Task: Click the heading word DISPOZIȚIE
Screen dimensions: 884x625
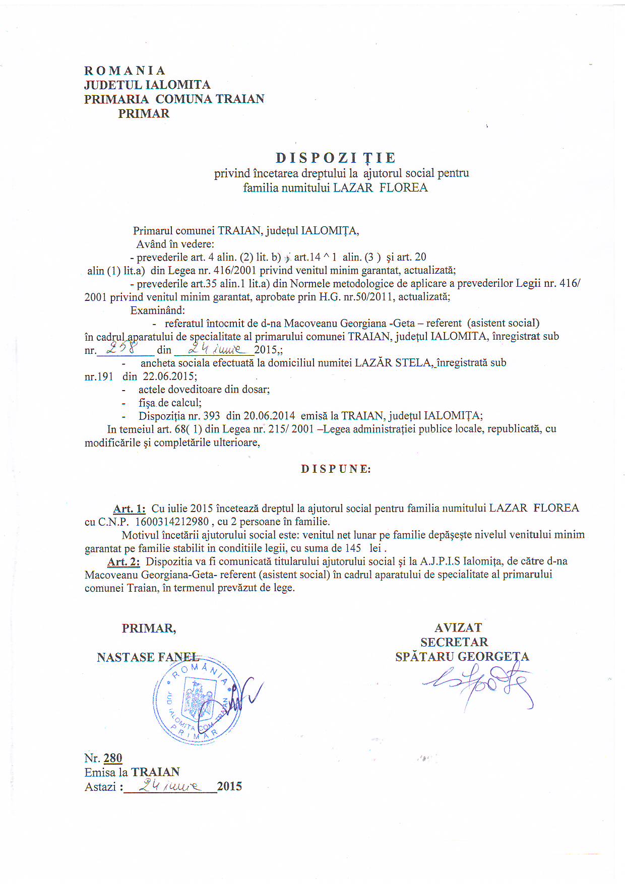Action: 336,158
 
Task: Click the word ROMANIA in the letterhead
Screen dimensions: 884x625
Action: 125,71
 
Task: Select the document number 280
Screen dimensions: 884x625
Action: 113,758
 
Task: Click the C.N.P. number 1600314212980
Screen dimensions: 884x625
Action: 172,522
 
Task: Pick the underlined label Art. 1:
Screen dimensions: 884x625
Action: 129,509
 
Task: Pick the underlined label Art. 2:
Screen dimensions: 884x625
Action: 123,562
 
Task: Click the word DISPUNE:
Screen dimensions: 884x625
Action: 336,469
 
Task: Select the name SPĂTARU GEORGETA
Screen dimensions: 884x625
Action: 462,657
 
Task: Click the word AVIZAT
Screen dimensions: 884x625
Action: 458,628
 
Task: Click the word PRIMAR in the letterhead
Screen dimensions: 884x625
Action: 144,114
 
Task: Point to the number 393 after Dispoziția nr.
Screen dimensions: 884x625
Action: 211,416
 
